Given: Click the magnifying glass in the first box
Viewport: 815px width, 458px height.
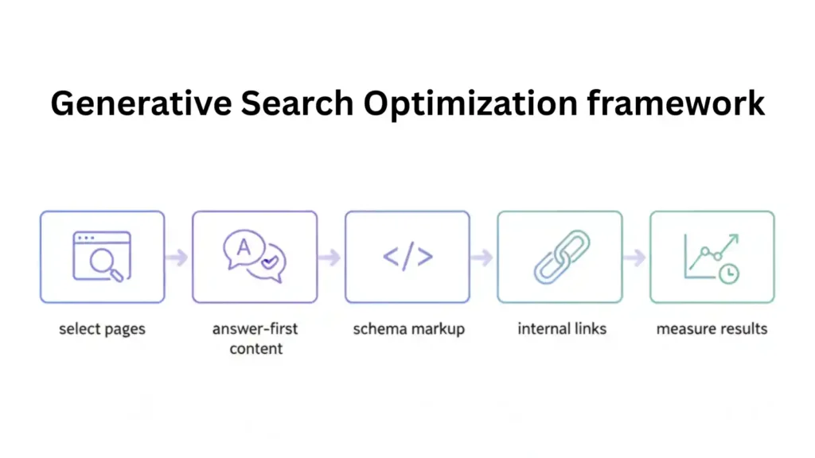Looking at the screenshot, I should [107, 265].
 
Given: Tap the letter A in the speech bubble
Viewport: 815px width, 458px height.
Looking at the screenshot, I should [244, 247].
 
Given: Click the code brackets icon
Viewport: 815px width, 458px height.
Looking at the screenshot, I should [407, 257].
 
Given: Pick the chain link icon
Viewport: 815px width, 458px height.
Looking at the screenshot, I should [560, 257].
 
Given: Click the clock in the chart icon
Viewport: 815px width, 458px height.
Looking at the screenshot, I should [727, 272].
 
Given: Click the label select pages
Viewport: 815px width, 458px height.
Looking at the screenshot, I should [102, 328].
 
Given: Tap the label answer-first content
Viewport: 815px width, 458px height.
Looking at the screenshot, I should [255, 338].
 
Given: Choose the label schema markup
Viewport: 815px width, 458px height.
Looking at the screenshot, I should [407, 328].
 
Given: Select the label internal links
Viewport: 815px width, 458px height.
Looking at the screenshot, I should [561, 328].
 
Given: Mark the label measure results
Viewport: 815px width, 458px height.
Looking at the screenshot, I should [712, 328].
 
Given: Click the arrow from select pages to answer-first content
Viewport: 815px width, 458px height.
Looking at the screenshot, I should [177, 258].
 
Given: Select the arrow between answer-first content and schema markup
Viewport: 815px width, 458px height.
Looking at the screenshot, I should [330, 258].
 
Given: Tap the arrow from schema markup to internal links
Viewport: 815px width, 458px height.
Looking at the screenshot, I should [482, 258].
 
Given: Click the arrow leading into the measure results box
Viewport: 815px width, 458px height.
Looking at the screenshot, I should [635, 258].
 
